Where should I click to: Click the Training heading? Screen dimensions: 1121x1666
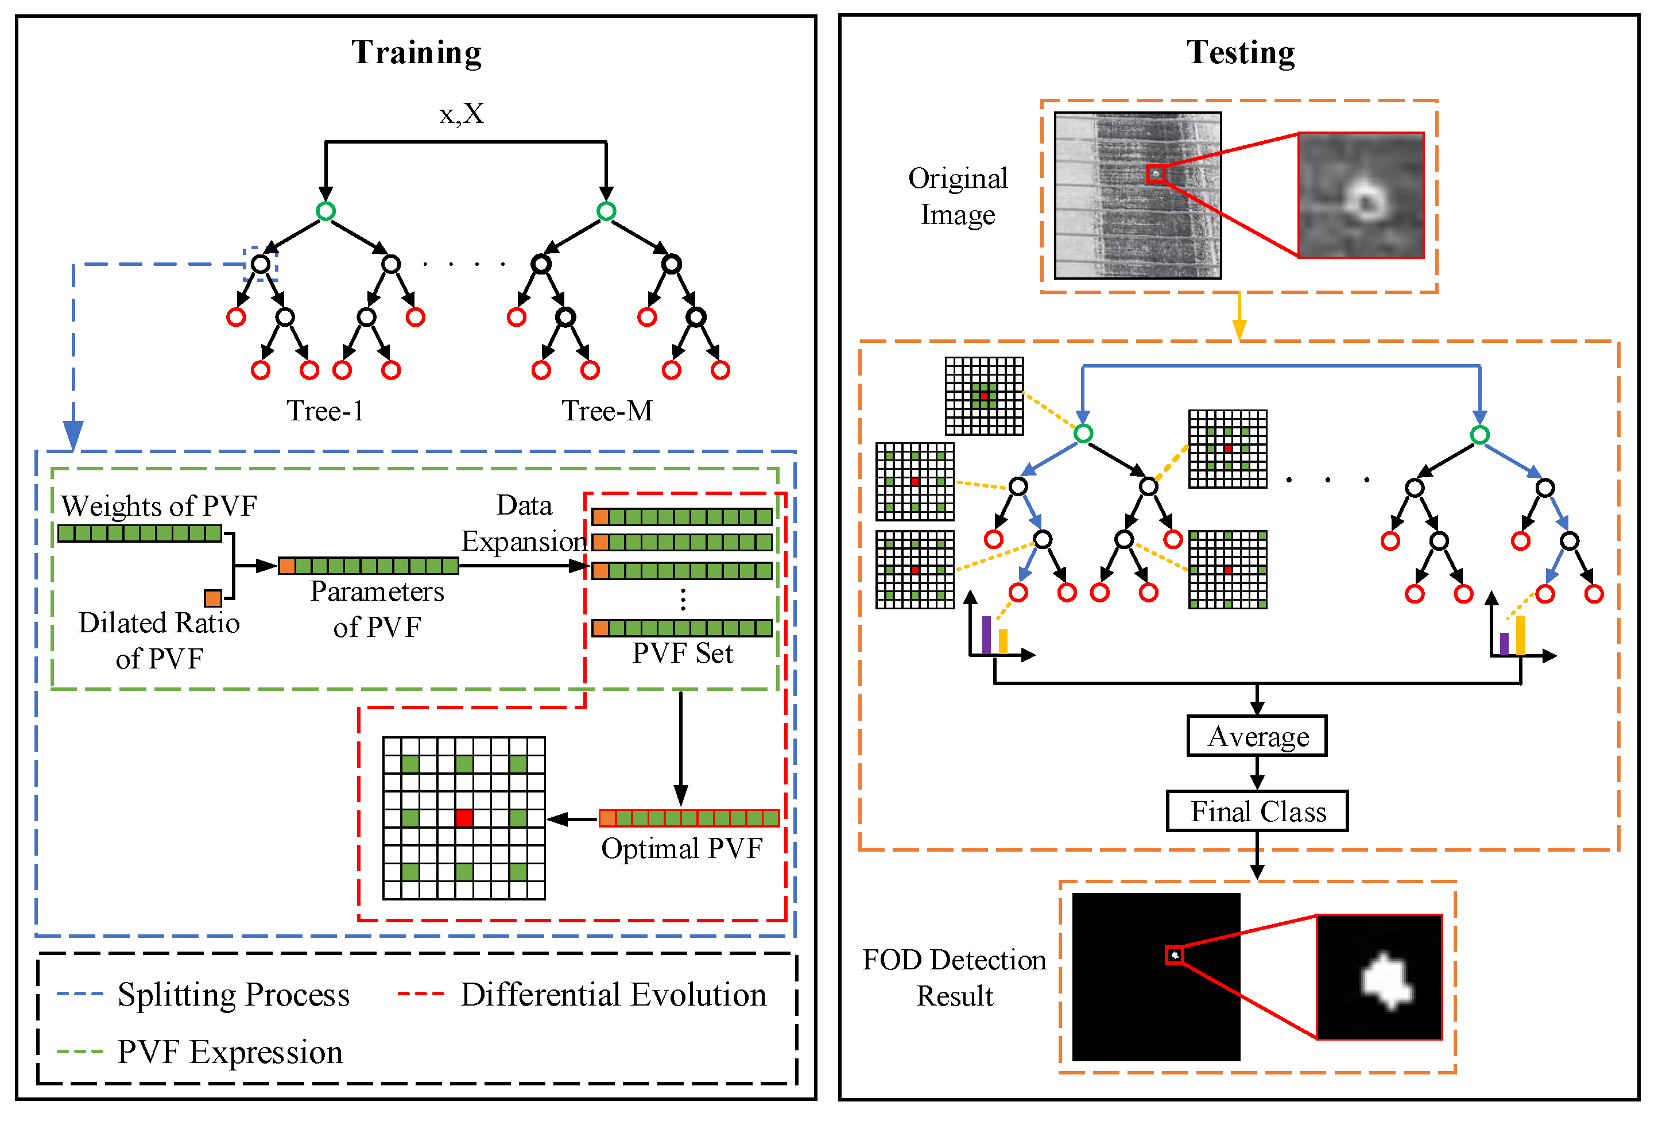[x=416, y=53]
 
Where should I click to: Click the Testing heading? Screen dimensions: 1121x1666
[x=1240, y=53]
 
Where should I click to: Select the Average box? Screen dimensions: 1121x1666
[x=1257, y=736]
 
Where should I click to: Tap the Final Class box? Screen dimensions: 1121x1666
[x=1257, y=811]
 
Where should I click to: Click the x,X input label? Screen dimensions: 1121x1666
[x=461, y=114]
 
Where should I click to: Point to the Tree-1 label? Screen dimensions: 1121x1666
[x=325, y=411]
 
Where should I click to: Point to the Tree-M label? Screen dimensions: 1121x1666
[x=606, y=411]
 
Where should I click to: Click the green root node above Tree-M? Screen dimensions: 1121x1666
[x=606, y=211]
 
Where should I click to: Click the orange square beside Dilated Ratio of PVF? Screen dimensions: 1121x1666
[x=213, y=598]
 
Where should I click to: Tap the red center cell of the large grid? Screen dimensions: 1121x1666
[x=464, y=818]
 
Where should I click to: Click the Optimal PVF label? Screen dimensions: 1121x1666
[x=681, y=849]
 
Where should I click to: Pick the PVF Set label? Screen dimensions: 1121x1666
[x=682, y=654]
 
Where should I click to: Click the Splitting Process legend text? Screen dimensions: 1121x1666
[x=233, y=995]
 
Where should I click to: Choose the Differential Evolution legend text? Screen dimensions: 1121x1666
[x=613, y=995]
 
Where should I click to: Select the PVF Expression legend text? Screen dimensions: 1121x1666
[x=230, y=1052]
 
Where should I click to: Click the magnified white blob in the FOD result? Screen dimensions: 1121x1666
[x=1385, y=981]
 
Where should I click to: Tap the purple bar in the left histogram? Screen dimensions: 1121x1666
[x=986, y=635]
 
